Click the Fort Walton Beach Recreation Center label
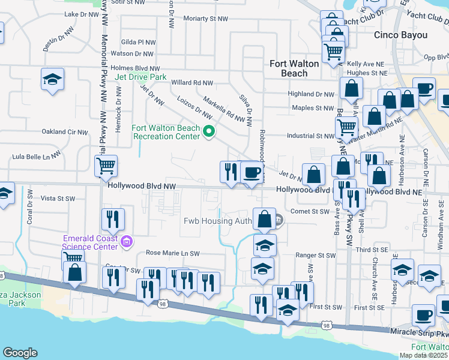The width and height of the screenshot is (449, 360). [x=166, y=132]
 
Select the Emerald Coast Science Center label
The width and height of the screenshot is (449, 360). [x=91, y=242]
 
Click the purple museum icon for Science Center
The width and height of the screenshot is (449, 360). [x=126, y=242]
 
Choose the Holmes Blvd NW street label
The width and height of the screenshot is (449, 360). [x=135, y=68]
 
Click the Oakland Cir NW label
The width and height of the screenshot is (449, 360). [x=64, y=132]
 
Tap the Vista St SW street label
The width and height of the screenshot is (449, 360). [x=58, y=198]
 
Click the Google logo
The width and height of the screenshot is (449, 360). [x=20, y=353]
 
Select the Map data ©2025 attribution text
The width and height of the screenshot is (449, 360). [x=424, y=356]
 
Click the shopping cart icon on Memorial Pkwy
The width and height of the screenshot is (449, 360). [x=106, y=166]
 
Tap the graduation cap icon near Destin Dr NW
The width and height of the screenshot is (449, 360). [x=53, y=79]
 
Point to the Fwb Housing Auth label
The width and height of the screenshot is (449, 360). [x=217, y=221]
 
